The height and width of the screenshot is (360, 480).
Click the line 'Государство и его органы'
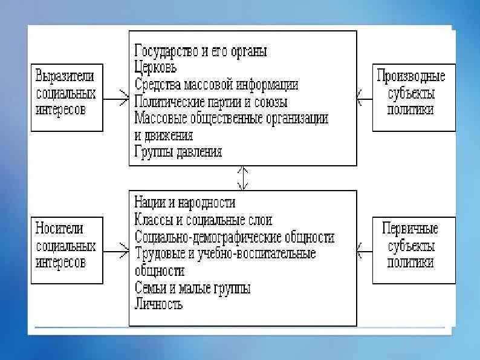click(200, 51)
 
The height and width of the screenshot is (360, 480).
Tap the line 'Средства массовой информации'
click(216, 84)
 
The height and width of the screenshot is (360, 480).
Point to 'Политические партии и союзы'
click(211, 101)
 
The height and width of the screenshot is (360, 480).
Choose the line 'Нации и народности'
click(185, 203)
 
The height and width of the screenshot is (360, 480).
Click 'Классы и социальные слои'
click(204, 220)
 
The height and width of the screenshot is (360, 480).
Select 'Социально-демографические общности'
click(235, 237)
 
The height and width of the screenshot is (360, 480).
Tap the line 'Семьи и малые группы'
click(192, 287)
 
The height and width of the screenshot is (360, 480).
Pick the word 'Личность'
click(158, 304)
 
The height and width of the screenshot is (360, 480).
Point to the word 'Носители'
click(59, 229)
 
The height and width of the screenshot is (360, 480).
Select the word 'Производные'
click(410, 76)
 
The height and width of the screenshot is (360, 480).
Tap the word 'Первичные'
click(410, 229)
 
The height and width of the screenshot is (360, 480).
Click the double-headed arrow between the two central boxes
click(242, 177)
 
